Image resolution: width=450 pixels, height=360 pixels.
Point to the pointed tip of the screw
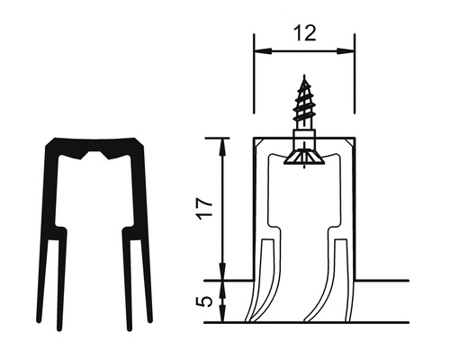(x=303, y=79)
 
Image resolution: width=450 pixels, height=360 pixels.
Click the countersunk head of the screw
(x=303, y=157)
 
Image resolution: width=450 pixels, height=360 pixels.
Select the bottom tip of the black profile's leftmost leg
(x=40, y=319)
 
